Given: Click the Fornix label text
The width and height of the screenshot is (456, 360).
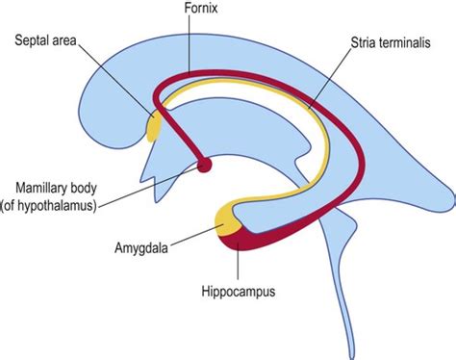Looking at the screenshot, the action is click(201, 8).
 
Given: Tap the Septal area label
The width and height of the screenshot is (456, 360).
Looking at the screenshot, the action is click(45, 40).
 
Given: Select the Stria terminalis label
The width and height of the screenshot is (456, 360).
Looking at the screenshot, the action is click(391, 42).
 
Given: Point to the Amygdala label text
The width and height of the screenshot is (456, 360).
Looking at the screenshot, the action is click(141, 247).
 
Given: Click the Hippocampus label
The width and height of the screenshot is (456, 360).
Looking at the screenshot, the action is click(239, 292).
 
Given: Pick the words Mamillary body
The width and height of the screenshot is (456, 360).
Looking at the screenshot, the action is click(56, 188).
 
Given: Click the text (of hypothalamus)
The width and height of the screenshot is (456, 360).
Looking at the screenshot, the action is click(48, 205).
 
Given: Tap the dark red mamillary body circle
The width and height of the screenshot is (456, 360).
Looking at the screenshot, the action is click(204, 165).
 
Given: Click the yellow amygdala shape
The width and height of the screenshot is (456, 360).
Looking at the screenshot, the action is click(227, 220).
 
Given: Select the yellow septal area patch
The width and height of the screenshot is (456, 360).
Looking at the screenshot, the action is click(153, 125).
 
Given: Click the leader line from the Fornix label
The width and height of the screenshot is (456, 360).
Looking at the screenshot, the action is click(190, 44).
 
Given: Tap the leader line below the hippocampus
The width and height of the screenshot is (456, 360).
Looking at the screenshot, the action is click(238, 263).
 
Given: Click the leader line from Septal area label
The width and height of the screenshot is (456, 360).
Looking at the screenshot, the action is click(116, 81).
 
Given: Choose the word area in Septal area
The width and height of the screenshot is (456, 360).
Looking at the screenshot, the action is click(63, 41).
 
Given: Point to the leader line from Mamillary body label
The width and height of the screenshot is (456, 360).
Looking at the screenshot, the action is click(148, 186).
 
